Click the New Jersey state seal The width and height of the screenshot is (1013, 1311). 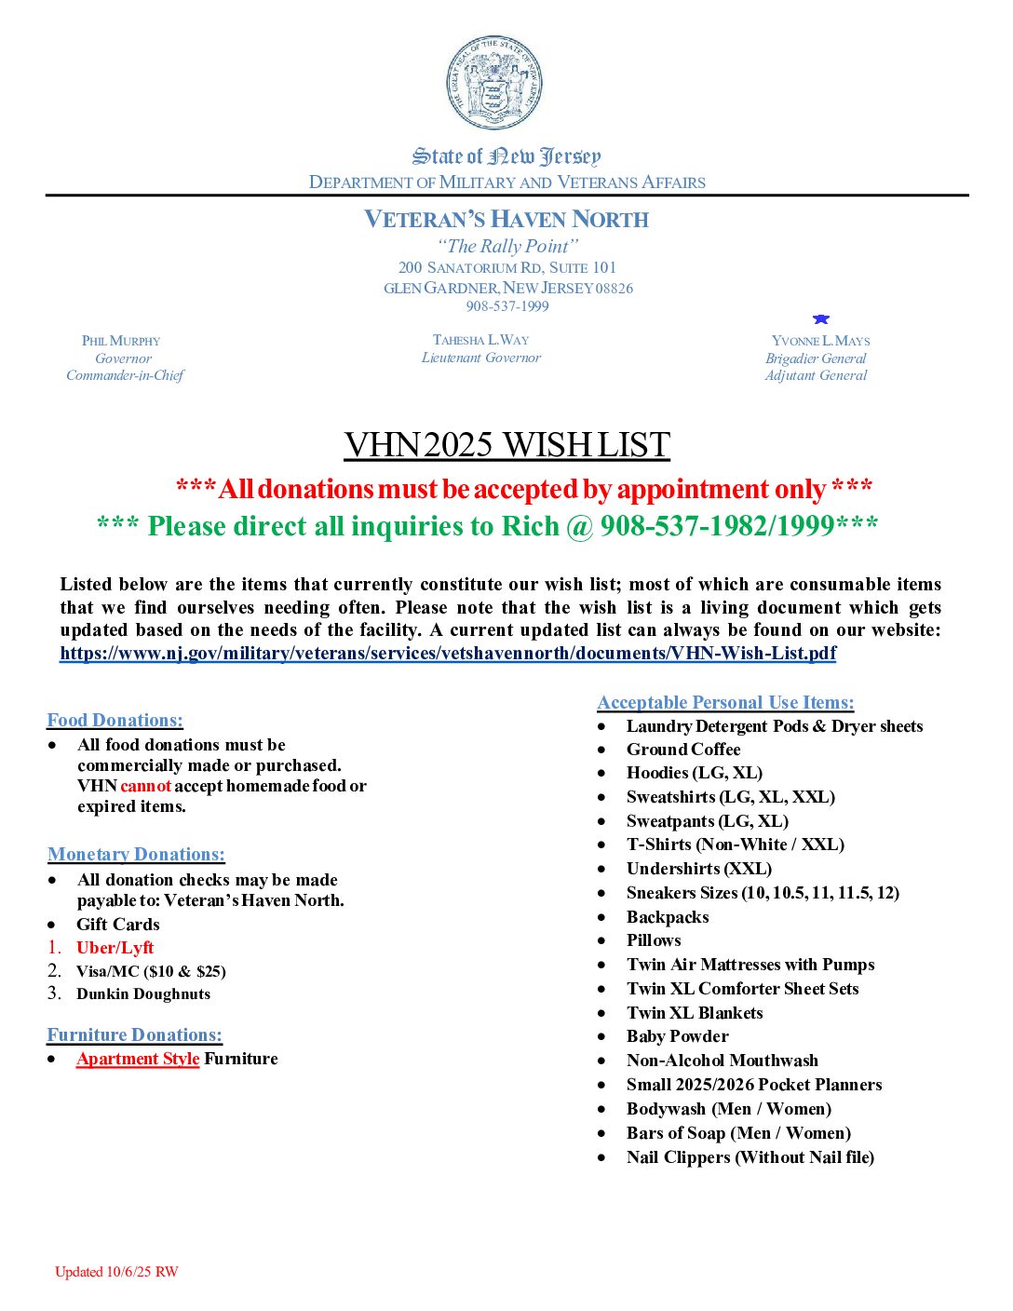click(494, 84)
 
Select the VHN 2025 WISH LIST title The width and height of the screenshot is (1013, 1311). click(506, 445)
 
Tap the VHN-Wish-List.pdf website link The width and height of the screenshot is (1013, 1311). click(448, 653)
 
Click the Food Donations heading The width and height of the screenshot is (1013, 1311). click(115, 720)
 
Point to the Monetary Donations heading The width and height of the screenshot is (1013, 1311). click(136, 854)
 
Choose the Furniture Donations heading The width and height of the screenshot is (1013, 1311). click(135, 1034)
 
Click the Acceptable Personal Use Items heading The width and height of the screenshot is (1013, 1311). click(725, 702)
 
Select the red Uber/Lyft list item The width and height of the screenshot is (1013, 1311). click(115, 948)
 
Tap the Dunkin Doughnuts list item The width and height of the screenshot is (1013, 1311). click(143, 993)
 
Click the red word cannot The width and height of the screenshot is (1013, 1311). click(145, 786)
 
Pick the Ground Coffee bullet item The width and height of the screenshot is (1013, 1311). click(683, 750)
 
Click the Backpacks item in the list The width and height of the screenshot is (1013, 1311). click(668, 917)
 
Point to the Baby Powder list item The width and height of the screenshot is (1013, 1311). click(677, 1036)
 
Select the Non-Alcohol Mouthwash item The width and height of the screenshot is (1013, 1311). click(723, 1061)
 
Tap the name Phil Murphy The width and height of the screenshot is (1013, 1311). click(121, 341)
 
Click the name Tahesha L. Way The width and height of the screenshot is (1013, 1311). click(480, 340)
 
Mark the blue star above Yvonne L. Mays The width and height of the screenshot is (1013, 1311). click(820, 319)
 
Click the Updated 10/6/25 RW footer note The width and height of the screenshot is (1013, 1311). click(116, 1272)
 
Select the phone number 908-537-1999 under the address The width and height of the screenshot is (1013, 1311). click(507, 306)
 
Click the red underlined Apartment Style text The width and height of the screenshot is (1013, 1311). click(138, 1059)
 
